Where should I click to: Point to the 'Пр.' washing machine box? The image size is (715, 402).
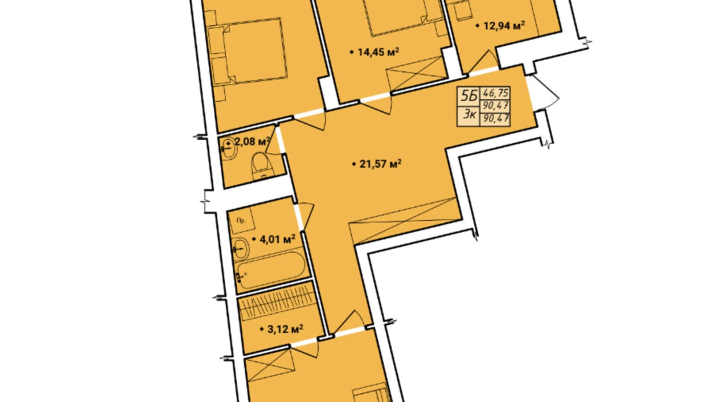click(x=242, y=221)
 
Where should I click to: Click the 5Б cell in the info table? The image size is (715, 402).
click(x=469, y=96)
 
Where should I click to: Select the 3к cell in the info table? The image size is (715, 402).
click(x=469, y=115)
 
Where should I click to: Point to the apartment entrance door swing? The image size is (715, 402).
click(x=543, y=93)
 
